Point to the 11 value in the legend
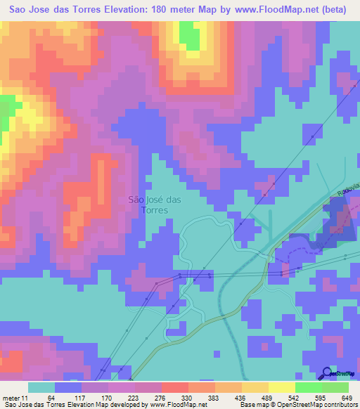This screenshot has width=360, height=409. pyautogui.click(x=27, y=397)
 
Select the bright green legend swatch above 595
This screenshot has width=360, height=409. pyautogui.click(x=309, y=387)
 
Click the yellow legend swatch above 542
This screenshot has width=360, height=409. pyautogui.click(x=282, y=387)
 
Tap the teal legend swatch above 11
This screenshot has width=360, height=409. pyautogui.click(x=41, y=387)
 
